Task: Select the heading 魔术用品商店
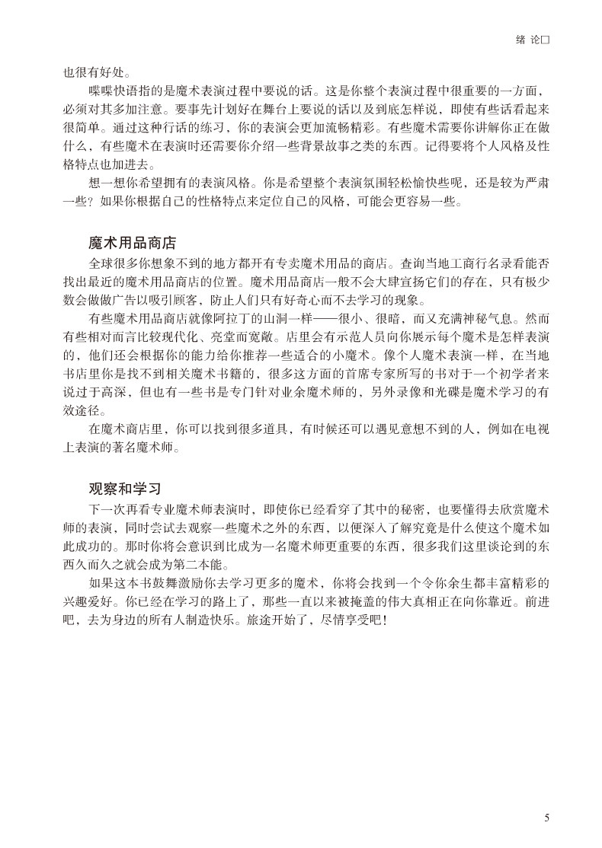132,244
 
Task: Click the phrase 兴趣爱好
78,601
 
